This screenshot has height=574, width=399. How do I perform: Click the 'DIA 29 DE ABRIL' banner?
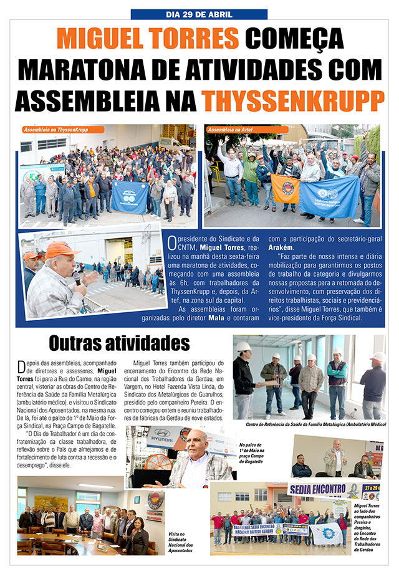199,14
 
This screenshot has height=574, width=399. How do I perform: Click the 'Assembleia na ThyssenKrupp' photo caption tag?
55,130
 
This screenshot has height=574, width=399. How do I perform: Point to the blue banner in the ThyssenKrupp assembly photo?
130,196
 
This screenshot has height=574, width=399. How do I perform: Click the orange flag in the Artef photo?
285,189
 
